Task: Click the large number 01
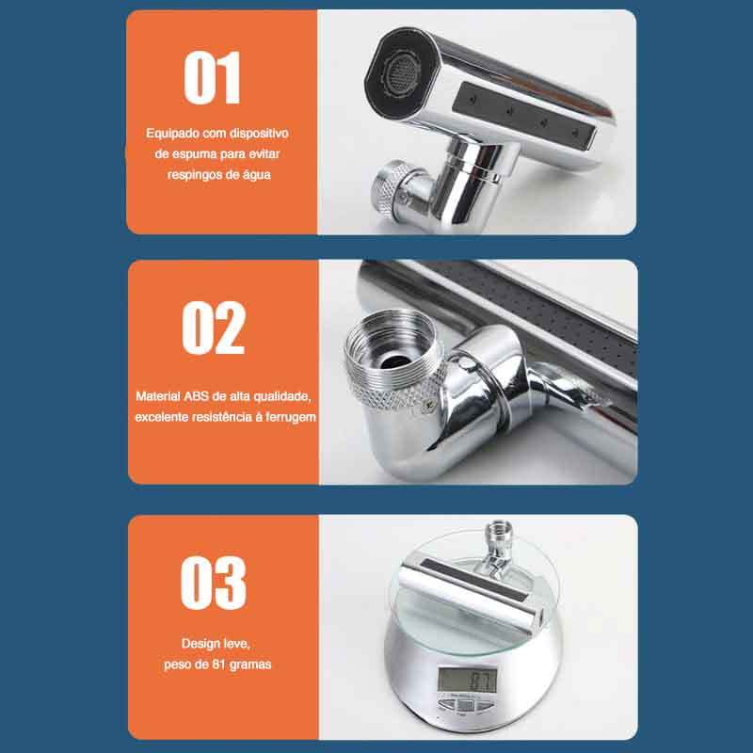coord(212,78)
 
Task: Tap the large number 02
coord(214,328)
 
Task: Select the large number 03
coord(214,583)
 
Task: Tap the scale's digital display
coord(467,680)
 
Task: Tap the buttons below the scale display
coord(465,704)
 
